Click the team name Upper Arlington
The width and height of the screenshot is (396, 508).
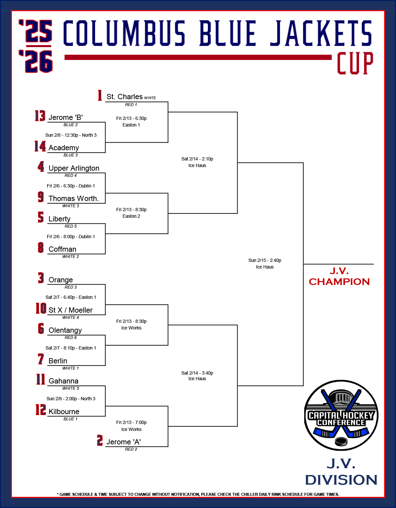tap(74, 168)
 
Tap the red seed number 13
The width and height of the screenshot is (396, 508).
tap(40, 116)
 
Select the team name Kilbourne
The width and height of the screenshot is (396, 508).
tap(64, 412)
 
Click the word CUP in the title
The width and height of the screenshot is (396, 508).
tap(355, 63)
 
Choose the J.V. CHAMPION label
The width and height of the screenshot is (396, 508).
tap(339, 276)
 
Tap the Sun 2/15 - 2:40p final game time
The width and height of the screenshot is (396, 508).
tap(265, 260)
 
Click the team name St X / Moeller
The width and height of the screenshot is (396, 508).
tap(70, 310)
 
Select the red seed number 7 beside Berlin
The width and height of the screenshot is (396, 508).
tap(41, 359)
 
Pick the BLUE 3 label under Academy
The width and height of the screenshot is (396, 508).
tap(71, 155)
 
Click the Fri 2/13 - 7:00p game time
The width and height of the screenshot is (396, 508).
tap(131, 422)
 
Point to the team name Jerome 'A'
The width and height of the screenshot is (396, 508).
tap(123, 442)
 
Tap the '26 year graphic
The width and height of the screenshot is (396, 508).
tap(36, 62)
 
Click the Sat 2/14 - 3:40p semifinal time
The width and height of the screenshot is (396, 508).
tap(197, 373)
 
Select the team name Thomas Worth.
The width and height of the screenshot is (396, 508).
tap(74, 199)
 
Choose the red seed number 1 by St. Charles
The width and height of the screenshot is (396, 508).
tap(100, 96)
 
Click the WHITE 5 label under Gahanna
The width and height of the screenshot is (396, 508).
tap(71, 388)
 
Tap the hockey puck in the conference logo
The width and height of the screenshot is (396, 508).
tap(341, 441)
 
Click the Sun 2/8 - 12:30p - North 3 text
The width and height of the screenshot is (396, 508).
tap(71, 135)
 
